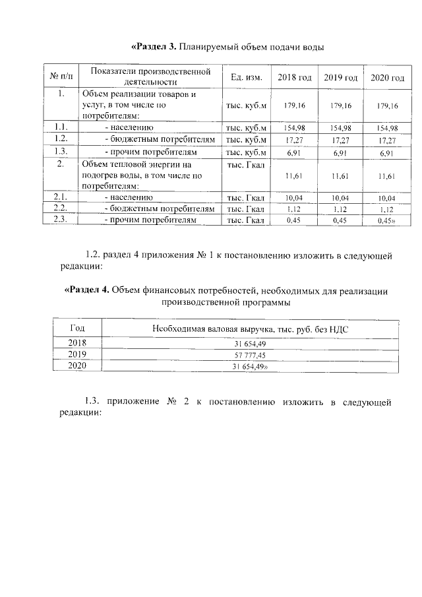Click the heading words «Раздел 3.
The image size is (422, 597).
click(x=154, y=47)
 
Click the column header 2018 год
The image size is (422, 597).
click(x=294, y=78)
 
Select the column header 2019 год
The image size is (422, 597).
click(x=341, y=78)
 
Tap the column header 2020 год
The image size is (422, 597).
click(x=387, y=79)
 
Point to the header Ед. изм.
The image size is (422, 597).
click(x=247, y=78)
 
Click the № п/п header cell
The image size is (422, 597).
click(x=61, y=78)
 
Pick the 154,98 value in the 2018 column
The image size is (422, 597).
click(x=294, y=128)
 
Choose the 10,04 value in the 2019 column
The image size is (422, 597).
click(x=341, y=198)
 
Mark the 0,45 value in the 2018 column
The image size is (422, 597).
click(x=294, y=221)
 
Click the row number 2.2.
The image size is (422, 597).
click(x=61, y=208)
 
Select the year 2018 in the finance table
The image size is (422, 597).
click(x=77, y=342)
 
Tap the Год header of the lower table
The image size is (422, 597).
click(x=77, y=327)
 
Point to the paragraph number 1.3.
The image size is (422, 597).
click(x=96, y=402)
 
